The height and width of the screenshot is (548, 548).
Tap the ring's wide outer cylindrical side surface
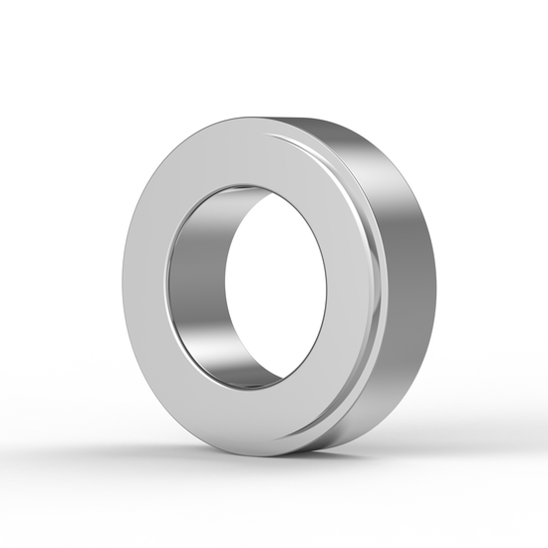point(404,289)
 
